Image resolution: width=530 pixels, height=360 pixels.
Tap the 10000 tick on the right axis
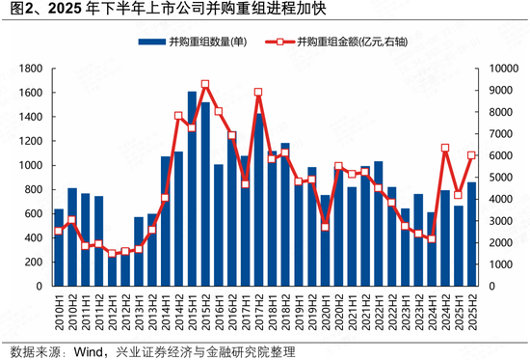click(x=504, y=69)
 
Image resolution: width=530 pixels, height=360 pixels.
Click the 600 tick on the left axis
click(x=32, y=214)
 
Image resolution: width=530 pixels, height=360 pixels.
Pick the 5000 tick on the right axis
click(x=501, y=178)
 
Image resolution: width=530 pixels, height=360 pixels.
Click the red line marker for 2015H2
click(x=205, y=85)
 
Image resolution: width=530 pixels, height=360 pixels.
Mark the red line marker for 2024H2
click(x=444, y=149)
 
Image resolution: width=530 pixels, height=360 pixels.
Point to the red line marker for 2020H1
click(x=325, y=227)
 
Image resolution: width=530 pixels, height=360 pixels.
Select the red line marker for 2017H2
click(x=258, y=93)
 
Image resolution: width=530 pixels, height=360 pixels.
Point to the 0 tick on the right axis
click(x=490, y=287)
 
